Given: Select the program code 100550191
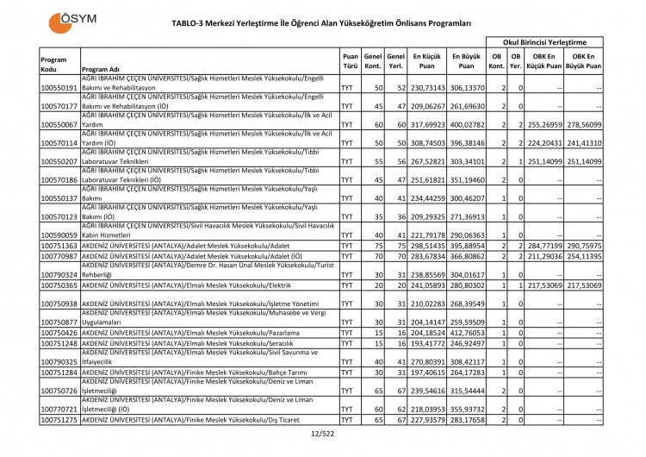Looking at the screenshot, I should [59, 88].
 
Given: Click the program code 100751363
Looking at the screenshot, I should [59, 246].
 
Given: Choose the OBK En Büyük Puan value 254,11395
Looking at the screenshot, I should [582, 257].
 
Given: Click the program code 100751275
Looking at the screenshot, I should [59, 420].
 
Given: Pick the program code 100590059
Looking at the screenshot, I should [59, 235].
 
